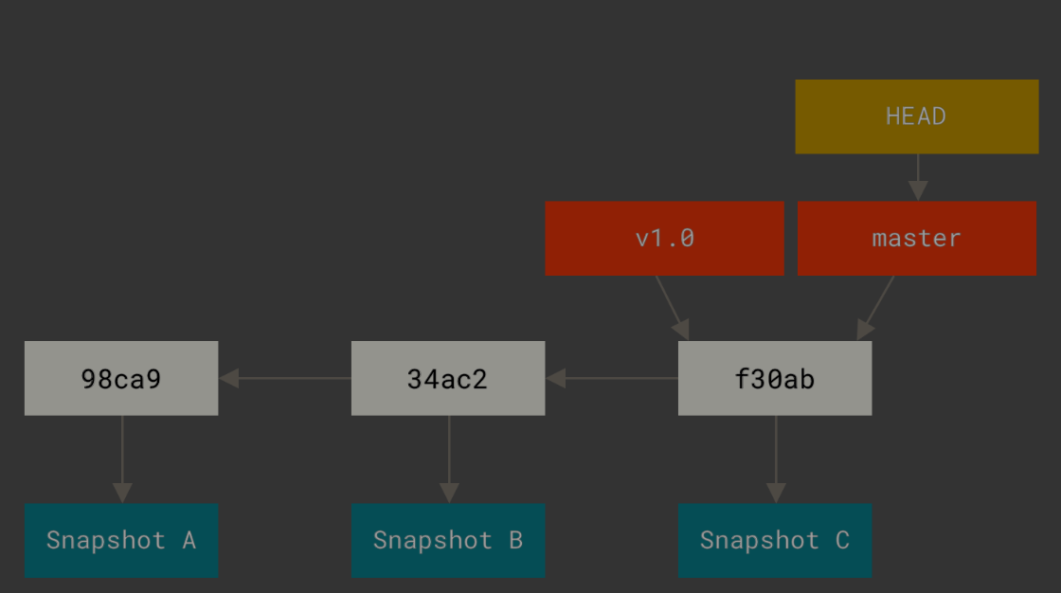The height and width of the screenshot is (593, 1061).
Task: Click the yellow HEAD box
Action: [x=916, y=117]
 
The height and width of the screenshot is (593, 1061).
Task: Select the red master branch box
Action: [x=916, y=238]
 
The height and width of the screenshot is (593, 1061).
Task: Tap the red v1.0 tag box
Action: [x=664, y=238]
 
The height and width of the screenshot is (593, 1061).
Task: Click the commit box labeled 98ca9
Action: [x=121, y=378]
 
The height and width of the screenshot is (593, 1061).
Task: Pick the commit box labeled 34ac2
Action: [x=447, y=378]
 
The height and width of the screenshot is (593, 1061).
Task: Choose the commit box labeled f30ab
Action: [x=774, y=378]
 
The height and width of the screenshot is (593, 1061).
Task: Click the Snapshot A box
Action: [x=121, y=540]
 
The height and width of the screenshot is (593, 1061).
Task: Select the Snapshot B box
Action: [x=447, y=540]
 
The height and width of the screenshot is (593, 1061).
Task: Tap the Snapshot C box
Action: [x=774, y=540]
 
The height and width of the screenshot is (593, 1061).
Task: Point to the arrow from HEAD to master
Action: [x=917, y=177]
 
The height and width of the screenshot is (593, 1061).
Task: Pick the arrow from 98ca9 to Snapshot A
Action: [x=122, y=459]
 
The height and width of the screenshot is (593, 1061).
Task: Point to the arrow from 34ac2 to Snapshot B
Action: [x=449, y=459]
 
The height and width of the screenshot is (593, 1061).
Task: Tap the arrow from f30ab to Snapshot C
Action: [x=776, y=459]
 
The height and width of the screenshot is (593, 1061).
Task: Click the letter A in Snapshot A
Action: [x=189, y=540]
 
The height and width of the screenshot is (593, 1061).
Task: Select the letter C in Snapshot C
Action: [x=842, y=540]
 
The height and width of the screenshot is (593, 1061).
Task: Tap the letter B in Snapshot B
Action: [x=515, y=540]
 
